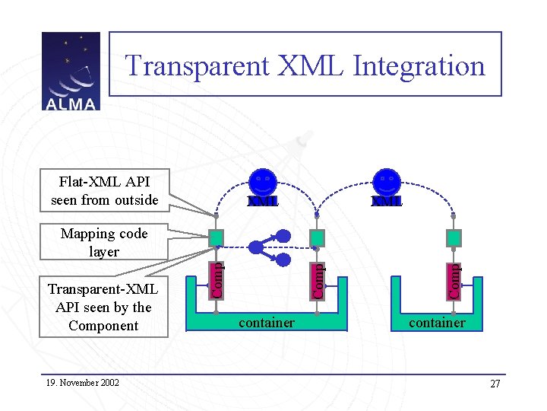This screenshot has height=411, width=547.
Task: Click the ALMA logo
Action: pyautogui.click(x=71, y=72)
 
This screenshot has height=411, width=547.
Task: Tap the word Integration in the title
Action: pyautogui.click(x=419, y=65)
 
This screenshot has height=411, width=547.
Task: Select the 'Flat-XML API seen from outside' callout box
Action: pyautogui.click(x=104, y=191)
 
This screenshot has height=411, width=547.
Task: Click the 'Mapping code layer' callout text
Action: pyautogui.click(x=104, y=242)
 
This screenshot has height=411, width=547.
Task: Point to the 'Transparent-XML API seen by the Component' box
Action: pyautogui.click(x=103, y=307)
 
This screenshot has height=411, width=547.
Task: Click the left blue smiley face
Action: pyautogui.click(x=264, y=183)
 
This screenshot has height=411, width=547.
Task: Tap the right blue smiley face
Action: pyautogui.click(x=387, y=183)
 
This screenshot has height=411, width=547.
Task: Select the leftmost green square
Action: pyautogui.click(x=217, y=238)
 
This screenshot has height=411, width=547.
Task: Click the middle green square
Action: pyautogui.click(x=318, y=238)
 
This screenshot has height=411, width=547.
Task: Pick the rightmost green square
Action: pyautogui.click(x=454, y=238)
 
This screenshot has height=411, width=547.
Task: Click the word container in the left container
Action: pyautogui.click(x=267, y=323)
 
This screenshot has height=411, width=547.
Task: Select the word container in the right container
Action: pyautogui.click(x=437, y=323)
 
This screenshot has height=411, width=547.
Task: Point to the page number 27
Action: pyautogui.click(x=495, y=384)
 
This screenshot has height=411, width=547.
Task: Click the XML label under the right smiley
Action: pyautogui.click(x=387, y=202)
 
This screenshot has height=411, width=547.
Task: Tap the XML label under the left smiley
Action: pyautogui.click(x=264, y=202)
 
